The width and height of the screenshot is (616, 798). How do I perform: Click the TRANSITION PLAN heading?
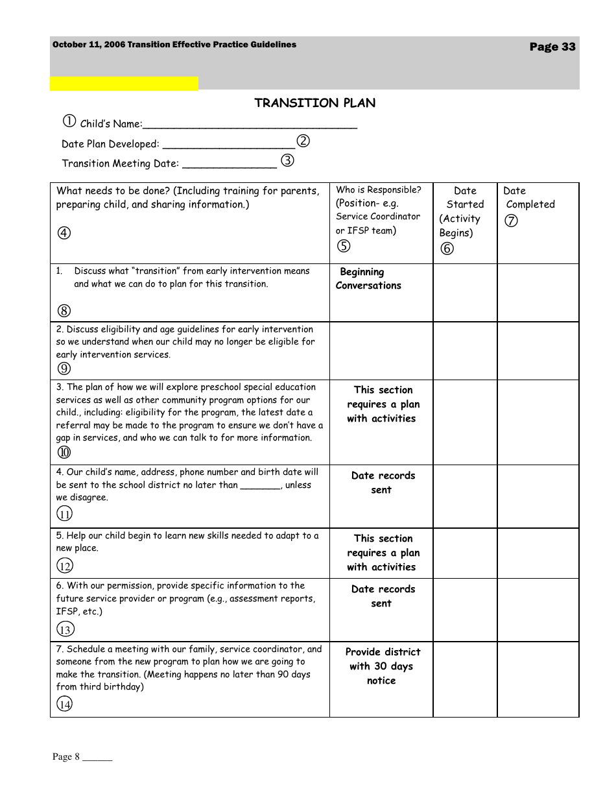(314, 103)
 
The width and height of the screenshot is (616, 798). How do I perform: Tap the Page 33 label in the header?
(552, 47)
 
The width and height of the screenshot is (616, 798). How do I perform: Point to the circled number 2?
(303, 141)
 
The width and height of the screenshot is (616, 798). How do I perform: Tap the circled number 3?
(287, 161)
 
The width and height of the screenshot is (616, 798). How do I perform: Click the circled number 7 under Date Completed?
(511, 221)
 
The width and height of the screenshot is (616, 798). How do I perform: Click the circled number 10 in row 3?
(64, 453)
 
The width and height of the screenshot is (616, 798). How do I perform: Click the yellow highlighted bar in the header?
(124, 83)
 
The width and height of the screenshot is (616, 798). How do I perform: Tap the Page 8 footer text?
(82, 756)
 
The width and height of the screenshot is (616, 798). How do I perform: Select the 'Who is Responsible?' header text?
(378, 190)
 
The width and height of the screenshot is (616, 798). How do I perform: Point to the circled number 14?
(64, 705)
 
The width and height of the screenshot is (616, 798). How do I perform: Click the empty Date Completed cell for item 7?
(538, 679)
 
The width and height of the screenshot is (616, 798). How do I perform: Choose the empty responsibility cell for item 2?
(381, 351)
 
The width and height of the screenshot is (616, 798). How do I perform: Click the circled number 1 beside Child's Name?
(69, 121)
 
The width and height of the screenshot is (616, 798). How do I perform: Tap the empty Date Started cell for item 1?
(464, 293)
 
